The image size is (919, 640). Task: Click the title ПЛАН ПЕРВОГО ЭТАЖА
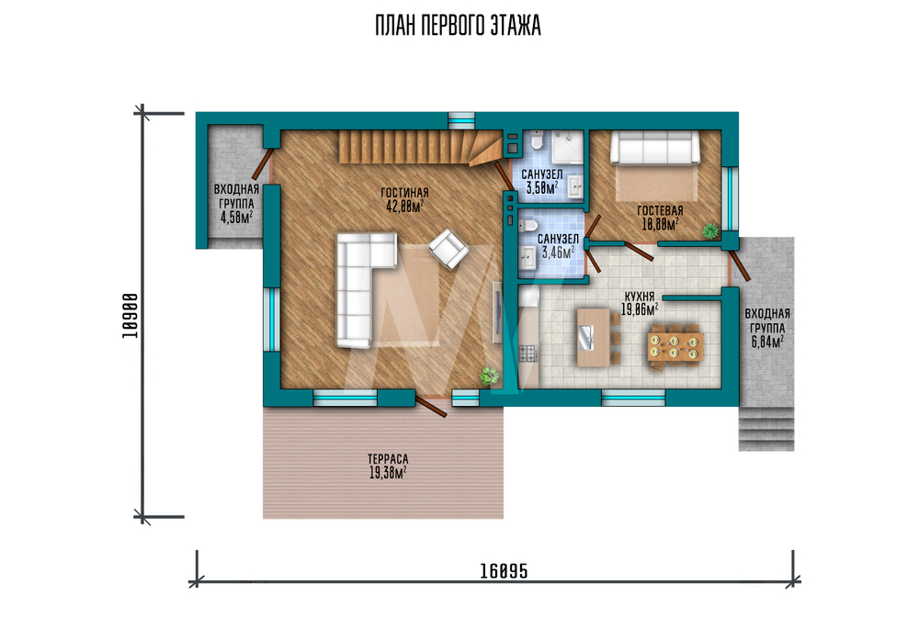pyautogui.click(x=458, y=26)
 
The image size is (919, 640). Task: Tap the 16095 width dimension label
pyautogui.click(x=504, y=571)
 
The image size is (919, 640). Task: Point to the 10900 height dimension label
pyautogui.click(x=130, y=316)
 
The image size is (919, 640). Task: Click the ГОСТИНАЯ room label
pyautogui.click(x=404, y=193)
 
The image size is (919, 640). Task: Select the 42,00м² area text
pyautogui.click(x=404, y=206)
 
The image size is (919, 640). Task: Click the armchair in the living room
pyautogui.click(x=448, y=249)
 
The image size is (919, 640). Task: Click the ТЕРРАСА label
pyautogui.click(x=388, y=460)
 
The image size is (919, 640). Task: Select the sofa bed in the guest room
pyautogui.click(x=655, y=147)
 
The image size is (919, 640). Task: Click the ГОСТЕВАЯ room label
pyautogui.click(x=660, y=211)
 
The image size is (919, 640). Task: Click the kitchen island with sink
pyautogui.click(x=594, y=337)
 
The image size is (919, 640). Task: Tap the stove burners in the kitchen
pyautogui.click(x=528, y=354)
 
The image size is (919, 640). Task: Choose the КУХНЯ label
pyautogui.click(x=640, y=297)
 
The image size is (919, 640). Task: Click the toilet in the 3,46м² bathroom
pyautogui.click(x=528, y=226)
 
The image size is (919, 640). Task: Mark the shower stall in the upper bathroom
pyautogui.click(x=567, y=146)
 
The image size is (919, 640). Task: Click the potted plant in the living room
pyautogui.click(x=489, y=376)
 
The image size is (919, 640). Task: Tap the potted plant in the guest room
pyautogui.click(x=710, y=230)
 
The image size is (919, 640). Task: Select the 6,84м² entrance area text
pyautogui.click(x=767, y=342)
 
